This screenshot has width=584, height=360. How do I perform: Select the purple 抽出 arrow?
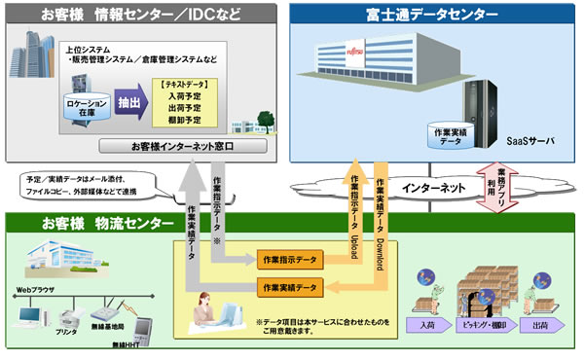coord(128,101)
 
